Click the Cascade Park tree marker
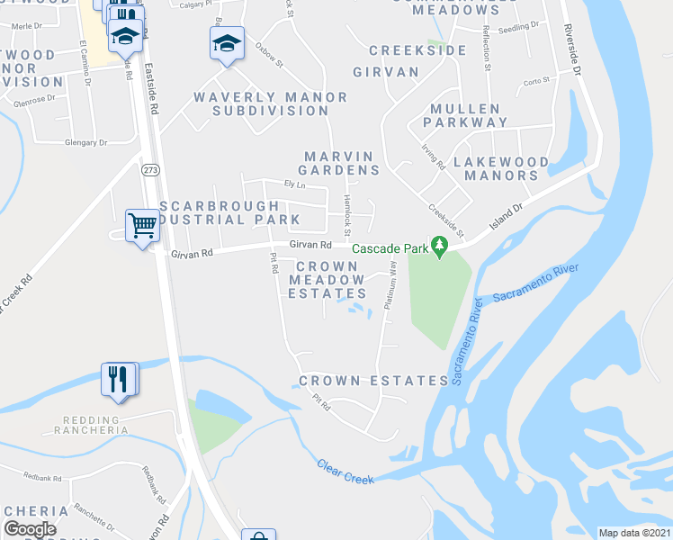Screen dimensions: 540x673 coord(439,245)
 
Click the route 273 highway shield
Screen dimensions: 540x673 coord(150,168)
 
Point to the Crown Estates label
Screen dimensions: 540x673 coord(373,381)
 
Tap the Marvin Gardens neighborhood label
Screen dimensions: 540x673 coord(341,163)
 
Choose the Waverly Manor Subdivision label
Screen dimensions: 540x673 coord(270,103)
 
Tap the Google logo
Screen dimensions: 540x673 coord(30,529)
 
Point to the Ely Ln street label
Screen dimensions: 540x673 coord(294,184)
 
